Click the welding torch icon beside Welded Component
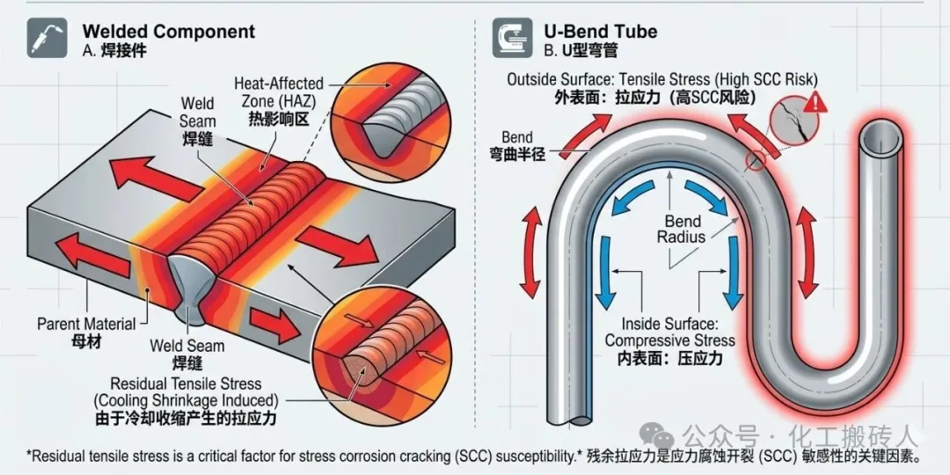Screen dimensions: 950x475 tap(47, 38)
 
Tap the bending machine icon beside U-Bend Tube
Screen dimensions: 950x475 tap(512, 38)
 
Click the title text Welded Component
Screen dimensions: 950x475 tap(168, 31)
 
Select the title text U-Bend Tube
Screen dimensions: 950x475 tap(601, 31)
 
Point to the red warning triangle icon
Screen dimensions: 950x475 tap(815, 100)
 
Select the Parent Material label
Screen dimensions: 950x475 tap(86, 324)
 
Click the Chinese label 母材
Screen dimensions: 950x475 tap(85, 342)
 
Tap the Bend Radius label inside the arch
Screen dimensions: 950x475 tap(682, 228)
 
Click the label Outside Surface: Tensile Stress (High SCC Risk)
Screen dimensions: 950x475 tap(663, 79)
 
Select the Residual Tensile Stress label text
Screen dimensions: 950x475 tap(186, 384)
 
